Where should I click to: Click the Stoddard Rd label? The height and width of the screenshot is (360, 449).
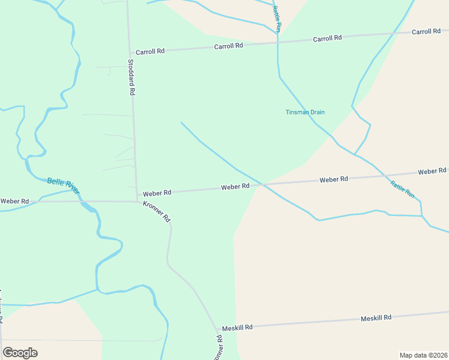(131, 77)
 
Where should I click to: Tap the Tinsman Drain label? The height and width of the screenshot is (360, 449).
(305, 112)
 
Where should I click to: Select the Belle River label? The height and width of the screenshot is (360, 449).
(63, 186)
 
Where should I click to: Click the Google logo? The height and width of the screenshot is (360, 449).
(20, 352)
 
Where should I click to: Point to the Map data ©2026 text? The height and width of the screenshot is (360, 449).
(424, 355)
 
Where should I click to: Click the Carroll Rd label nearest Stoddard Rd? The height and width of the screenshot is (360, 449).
(150, 52)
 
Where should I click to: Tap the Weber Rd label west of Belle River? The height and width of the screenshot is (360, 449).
(14, 201)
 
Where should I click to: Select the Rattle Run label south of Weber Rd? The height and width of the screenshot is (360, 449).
(402, 189)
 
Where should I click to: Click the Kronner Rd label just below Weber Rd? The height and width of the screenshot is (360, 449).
(157, 212)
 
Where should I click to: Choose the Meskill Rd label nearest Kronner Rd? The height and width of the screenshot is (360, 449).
(237, 328)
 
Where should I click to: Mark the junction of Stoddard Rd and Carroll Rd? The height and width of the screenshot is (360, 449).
(130, 53)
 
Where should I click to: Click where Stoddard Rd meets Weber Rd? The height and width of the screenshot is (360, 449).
(137, 194)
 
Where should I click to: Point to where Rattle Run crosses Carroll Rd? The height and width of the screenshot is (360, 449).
(277, 42)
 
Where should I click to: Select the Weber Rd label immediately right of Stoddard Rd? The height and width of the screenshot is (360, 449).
(157, 193)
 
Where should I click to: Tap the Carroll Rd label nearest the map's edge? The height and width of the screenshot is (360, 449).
(426, 31)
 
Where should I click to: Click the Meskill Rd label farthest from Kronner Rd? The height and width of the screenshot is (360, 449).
(376, 317)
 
